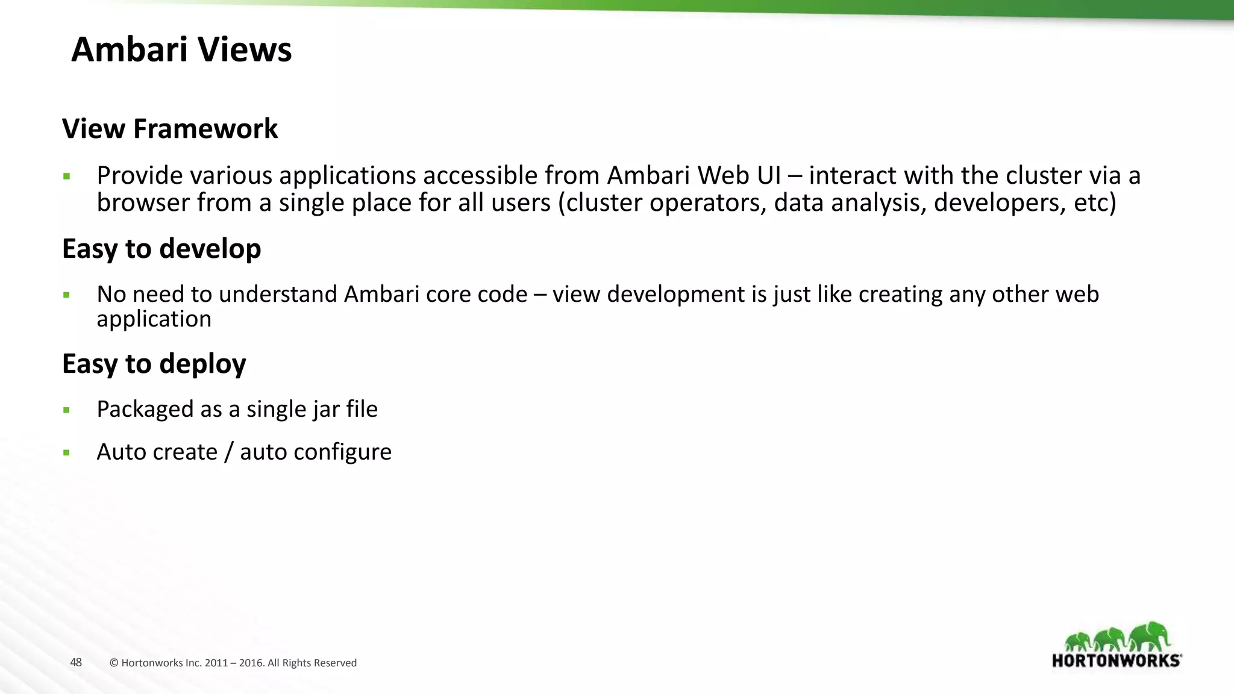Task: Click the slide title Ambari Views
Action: click(181, 49)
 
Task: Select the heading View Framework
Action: click(170, 129)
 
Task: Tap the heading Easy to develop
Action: click(161, 249)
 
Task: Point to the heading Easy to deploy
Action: click(154, 364)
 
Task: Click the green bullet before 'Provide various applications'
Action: click(66, 177)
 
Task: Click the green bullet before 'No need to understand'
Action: click(66, 296)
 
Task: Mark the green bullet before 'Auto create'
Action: click(66, 453)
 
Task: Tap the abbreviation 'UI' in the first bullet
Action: click(769, 176)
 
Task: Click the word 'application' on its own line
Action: click(154, 319)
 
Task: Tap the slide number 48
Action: click(76, 663)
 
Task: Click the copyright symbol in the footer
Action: click(114, 663)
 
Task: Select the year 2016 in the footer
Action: click(251, 663)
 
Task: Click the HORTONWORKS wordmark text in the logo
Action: click(1116, 661)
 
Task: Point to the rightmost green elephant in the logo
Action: click(1150, 636)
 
